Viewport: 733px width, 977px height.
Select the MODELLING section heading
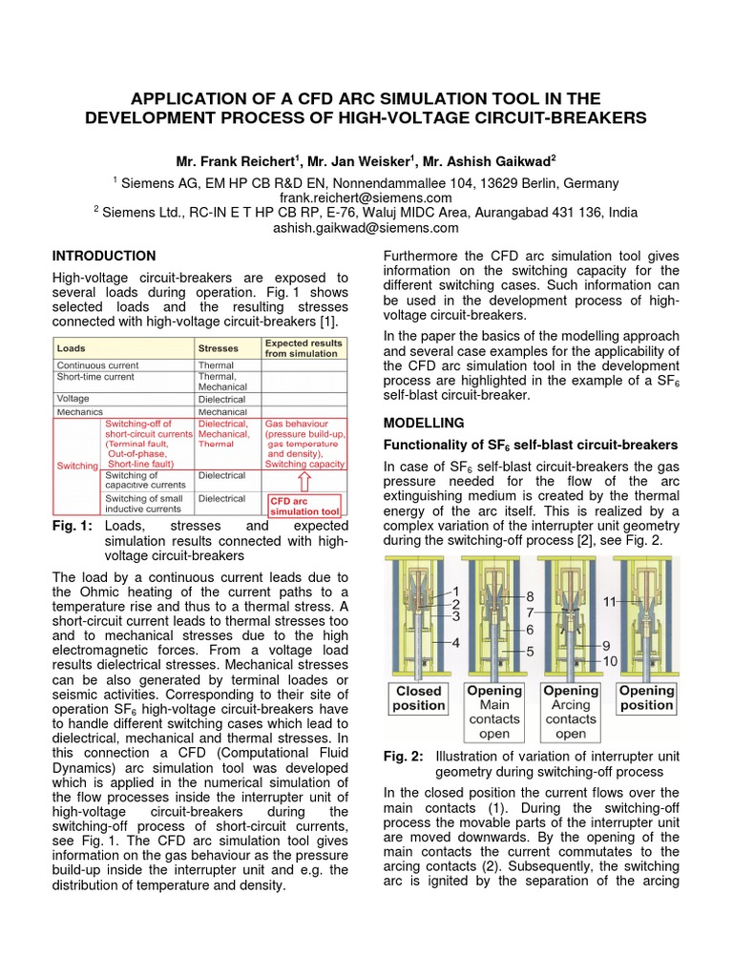tap(423, 422)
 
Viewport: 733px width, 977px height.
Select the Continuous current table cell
tap(97, 365)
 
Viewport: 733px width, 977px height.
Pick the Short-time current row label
tap(96, 377)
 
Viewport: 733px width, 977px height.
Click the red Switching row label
tap(76, 466)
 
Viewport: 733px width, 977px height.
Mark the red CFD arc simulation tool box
tap(303, 505)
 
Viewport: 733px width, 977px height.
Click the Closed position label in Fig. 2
tap(418, 697)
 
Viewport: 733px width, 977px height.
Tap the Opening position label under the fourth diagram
tap(646, 697)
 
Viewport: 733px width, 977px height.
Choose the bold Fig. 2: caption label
tap(403, 757)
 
